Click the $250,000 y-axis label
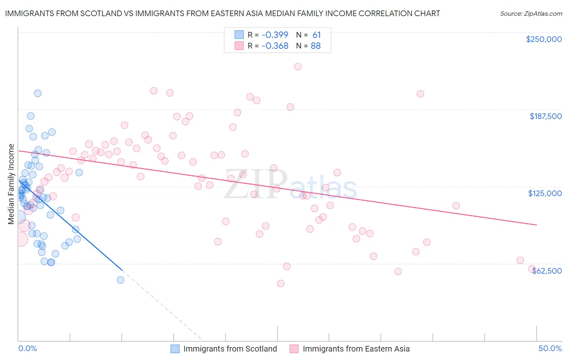click(x=544, y=39)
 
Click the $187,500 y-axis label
click(x=545, y=116)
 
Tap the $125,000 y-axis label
click(x=545, y=193)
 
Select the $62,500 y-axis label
click(x=547, y=271)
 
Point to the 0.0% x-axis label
click(x=27, y=348)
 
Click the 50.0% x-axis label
click(x=550, y=348)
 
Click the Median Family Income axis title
click(x=11, y=184)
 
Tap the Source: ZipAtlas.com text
click(x=531, y=13)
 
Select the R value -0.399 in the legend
click(x=275, y=35)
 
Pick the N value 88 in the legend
click(x=315, y=46)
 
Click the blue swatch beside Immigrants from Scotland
click(x=175, y=349)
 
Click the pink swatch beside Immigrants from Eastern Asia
click(x=294, y=349)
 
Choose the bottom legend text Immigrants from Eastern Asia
click(x=356, y=349)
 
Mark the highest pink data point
click(x=298, y=67)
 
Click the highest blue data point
click(x=38, y=93)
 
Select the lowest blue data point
click(x=120, y=280)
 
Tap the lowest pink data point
click(x=281, y=283)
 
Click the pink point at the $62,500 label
click(x=532, y=269)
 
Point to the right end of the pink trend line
click(x=536, y=225)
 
